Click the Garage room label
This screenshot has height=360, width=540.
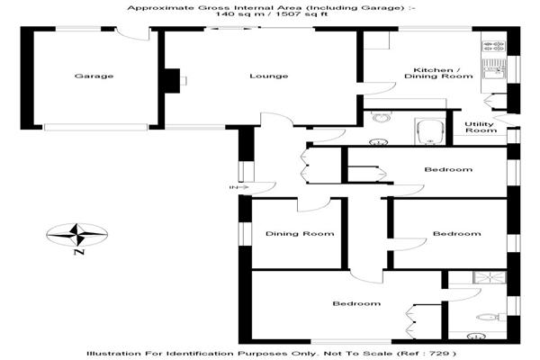[94, 76]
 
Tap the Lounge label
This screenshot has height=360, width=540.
[268, 76]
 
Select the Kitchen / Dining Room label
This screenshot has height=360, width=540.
[438, 73]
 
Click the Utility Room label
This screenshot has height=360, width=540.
[481, 127]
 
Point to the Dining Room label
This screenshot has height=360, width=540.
[300, 234]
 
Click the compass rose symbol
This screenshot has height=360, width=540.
[77, 235]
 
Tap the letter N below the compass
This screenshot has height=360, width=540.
[79, 252]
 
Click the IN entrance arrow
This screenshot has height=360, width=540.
[239, 187]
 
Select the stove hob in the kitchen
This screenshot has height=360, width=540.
[494, 47]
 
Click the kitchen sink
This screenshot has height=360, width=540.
[494, 69]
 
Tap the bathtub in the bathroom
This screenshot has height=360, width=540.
[430, 132]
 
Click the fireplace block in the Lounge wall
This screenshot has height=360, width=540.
[172, 81]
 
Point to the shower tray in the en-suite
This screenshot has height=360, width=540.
[490, 277]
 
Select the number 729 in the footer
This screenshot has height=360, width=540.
[443, 354]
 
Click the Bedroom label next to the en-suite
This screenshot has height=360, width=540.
[356, 303]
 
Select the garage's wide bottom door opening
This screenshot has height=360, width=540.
[95, 127]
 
